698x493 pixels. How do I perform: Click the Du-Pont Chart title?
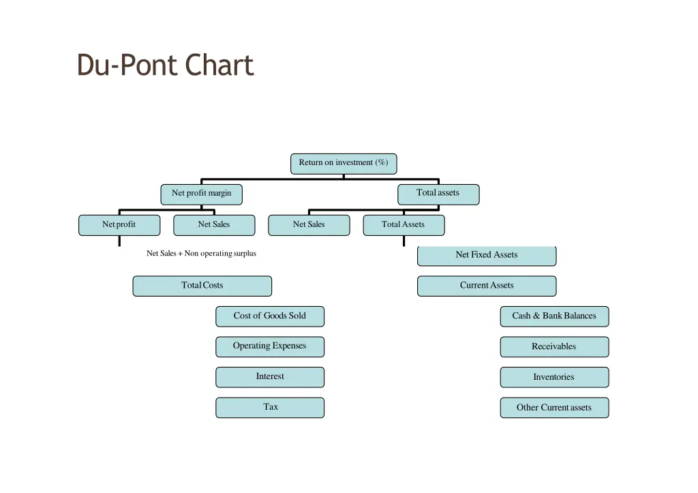pyautogui.click(x=165, y=65)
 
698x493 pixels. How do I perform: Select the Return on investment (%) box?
pyautogui.click(x=344, y=163)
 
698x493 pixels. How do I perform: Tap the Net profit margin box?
pyautogui.click(x=202, y=194)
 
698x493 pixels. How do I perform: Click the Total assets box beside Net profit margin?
pyautogui.click(x=438, y=194)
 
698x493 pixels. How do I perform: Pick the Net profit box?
pyautogui.click(x=119, y=225)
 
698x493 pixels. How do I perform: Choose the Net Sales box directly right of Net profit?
pyautogui.click(x=214, y=225)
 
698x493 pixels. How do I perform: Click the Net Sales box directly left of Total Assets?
pyautogui.click(x=309, y=225)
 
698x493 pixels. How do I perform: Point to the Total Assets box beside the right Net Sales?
pyautogui.click(x=404, y=225)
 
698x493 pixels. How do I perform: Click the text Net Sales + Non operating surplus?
pyautogui.click(x=202, y=254)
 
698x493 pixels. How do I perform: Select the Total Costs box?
pyautogui.click(x=202, y=286)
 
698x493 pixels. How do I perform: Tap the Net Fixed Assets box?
pyautogui.click(x=487, y=255)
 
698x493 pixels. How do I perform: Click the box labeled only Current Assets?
pyautogui.click(x=487, y=286)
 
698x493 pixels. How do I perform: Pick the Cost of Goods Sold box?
pyautogui.click(x=270, y=316)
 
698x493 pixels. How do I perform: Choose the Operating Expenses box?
pyautogui.click(x=270, y=346)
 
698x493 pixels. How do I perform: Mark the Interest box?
pyautogui.click(x=270, y=377)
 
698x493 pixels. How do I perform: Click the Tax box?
pyautogui.click(x=270, y=407)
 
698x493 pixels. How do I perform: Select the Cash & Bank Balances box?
pyautogui.click(x=554, y=316)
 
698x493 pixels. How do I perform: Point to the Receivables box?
pyautogui.click(x=554, y=346)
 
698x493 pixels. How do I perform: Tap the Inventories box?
pyautogui.click(x=554, y=377)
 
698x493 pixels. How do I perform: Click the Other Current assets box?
pyautogui.click(x=554, y=408)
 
